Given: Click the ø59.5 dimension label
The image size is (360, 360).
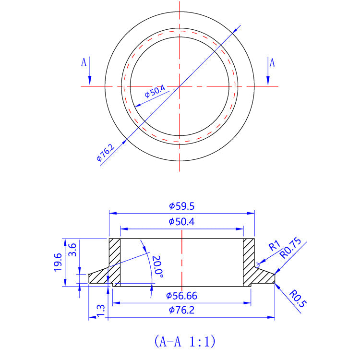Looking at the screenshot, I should (181, 206).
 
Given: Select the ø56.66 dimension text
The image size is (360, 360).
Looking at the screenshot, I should (181, 296).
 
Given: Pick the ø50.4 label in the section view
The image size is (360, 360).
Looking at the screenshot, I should (181, 221).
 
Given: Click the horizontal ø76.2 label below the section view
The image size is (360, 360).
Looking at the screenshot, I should (181, 310).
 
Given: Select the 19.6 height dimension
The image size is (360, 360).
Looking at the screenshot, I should (58, 262).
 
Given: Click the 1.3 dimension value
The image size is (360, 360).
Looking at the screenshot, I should (100, 310).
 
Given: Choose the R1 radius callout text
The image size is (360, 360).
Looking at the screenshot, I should (274, 246).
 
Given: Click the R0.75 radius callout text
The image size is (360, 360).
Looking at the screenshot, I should (290, 248).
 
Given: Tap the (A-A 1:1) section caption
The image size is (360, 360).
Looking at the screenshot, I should (184, 341).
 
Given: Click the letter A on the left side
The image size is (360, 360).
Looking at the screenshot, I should (84, 62).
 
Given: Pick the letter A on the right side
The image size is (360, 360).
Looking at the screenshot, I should (272, 62).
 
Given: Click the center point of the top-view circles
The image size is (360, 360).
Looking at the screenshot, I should (180, 86).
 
